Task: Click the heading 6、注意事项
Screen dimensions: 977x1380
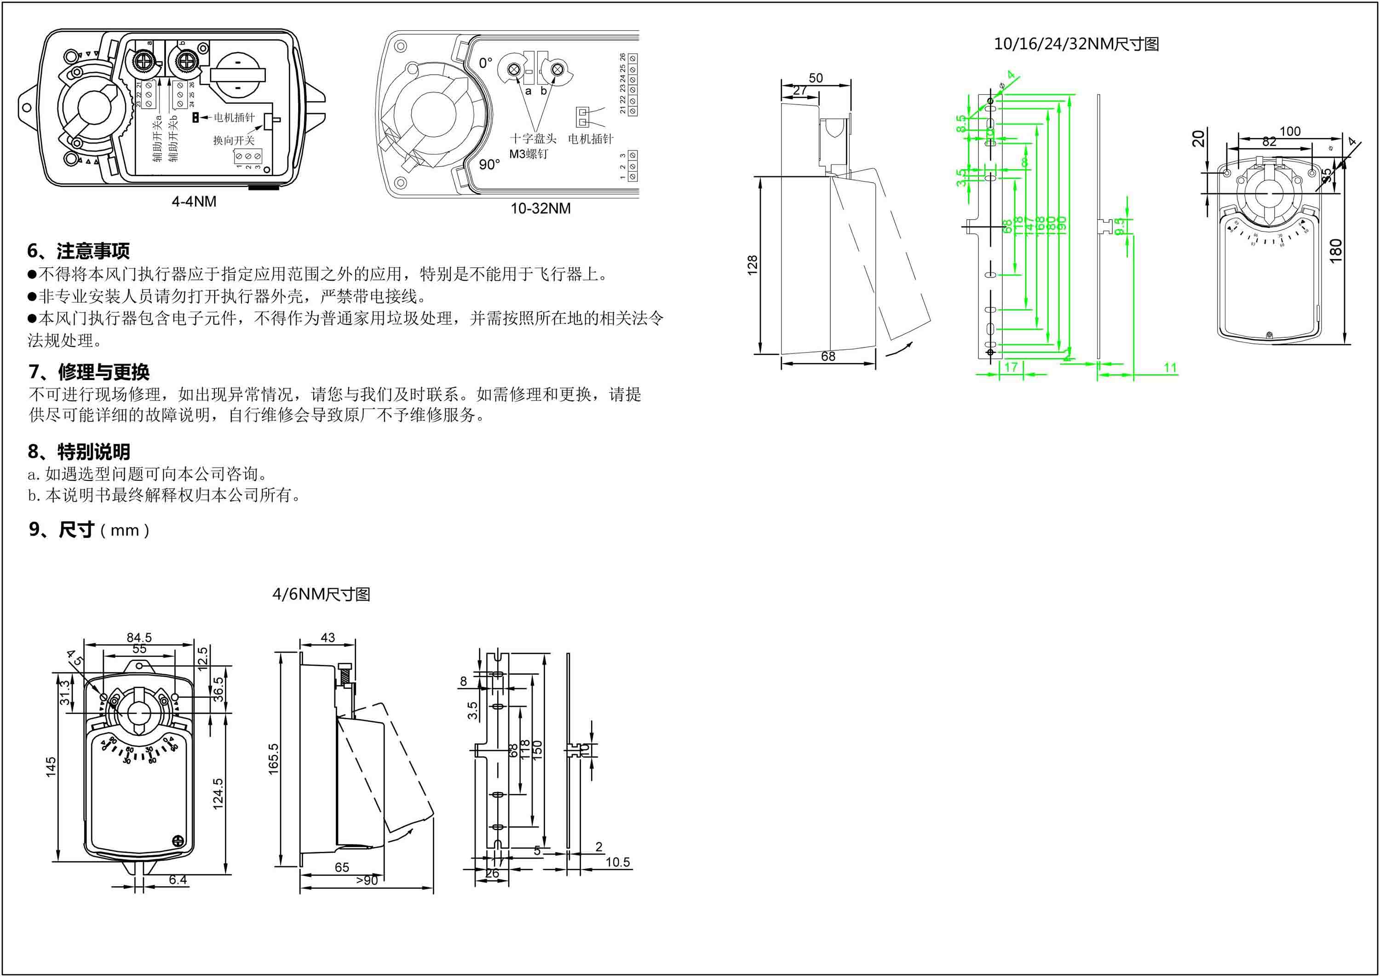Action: pos(78,250)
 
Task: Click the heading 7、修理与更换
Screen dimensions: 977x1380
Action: pos(89,372)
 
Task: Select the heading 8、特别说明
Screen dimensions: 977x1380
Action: pos(79,451)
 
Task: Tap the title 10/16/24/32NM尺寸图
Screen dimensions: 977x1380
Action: pos(1076,44)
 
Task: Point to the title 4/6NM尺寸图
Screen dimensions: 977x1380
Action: pos(321,595)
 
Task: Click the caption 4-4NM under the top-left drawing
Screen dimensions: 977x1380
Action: pos(194,202)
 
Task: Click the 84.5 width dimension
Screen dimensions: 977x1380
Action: pos(139,637)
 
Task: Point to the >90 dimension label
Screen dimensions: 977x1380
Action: pos(366,880)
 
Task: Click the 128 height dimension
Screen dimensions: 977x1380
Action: pos(752,266)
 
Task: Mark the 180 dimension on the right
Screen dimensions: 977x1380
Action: pos(1335,250)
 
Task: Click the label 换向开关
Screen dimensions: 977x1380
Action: pos(234,140)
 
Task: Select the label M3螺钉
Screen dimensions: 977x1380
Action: pos(529,154)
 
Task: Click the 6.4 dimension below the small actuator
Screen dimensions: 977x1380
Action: pos(178,879)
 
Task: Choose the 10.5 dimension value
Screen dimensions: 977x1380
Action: pos(617,862)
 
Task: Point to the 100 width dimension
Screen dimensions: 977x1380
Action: pos(1290,131)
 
